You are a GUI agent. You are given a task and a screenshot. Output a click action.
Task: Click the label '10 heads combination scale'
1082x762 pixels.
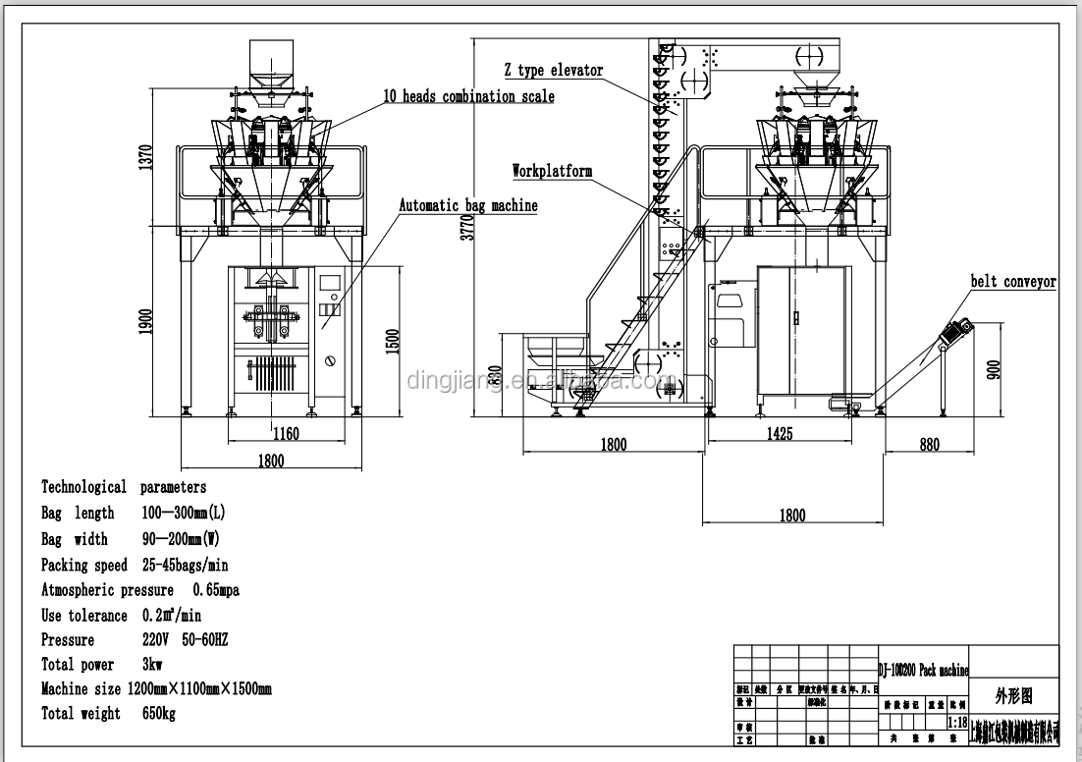pyautogui.click(x=468, y=96)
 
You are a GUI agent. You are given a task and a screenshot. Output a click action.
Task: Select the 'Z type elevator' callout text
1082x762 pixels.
pyautogui.click(x=554, y=70)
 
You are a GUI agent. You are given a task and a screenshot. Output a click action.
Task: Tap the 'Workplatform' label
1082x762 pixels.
pyautogui.click(x=552, y=171)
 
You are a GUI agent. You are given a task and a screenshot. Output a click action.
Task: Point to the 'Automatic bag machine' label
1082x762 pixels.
pyautogui.click(x=467, y=206)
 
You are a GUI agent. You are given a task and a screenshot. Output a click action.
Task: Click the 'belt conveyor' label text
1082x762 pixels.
pyautogui.click(x=1013, y=282)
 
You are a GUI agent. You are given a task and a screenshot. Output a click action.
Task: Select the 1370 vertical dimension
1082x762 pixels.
pyautogui.click(x=146, y=159)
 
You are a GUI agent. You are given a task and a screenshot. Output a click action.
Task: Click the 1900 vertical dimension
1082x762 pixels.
pyautogui.click(x=146, y=321)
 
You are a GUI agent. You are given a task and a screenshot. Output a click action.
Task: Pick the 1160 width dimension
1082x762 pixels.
pyautogui.click(x=286, y=433)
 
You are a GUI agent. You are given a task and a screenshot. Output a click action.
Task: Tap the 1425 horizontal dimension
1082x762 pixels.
pyautogui.click(x=778, y=433)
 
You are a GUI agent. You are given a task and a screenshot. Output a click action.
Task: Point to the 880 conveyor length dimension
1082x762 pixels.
pyautogui.click(x=929, y=445)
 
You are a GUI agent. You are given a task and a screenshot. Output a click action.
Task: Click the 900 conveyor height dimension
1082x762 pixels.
pyautogui.click(x=994, y=369)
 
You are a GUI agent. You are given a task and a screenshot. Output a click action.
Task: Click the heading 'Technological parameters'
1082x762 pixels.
pyautogui.click(x=124, y=487)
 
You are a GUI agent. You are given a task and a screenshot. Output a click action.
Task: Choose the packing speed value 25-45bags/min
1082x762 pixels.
pyautogui.click(x=186, y=565)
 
